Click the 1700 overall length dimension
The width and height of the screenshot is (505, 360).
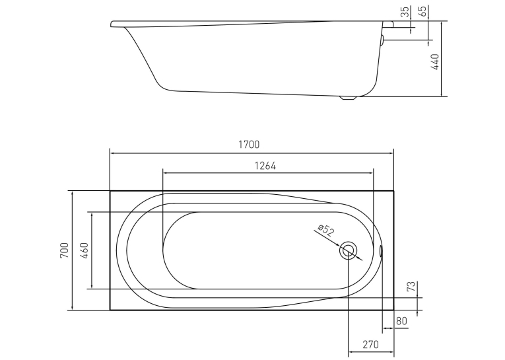point(249,145)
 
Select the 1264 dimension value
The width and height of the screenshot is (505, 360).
point(265,166)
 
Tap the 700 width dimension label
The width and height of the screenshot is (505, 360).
point(65,250)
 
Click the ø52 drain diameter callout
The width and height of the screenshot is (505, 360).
point(326,230)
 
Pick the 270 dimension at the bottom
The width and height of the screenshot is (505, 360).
point(370,345)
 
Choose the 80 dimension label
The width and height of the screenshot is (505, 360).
point(401,321)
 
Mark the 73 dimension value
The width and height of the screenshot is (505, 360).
point(411,287)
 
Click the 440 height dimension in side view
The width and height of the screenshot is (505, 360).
point(434,62)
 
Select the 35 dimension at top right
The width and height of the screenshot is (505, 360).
point(405,12)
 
